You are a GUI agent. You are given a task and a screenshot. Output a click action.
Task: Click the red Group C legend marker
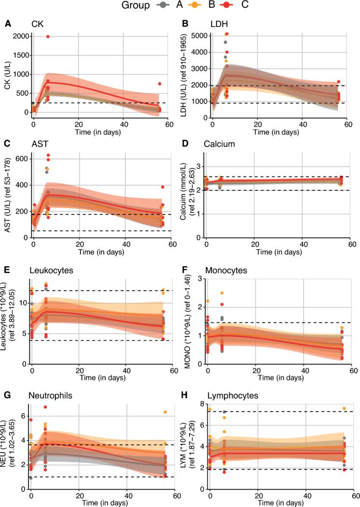229,6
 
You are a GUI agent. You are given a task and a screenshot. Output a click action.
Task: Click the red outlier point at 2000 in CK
48,37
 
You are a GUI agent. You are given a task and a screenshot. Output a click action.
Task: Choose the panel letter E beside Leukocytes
8,271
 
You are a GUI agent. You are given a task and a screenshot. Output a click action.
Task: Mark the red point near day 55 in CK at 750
160,84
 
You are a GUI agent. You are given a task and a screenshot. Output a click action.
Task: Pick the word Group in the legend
135,6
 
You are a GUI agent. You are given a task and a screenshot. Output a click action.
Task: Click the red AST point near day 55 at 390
163,187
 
